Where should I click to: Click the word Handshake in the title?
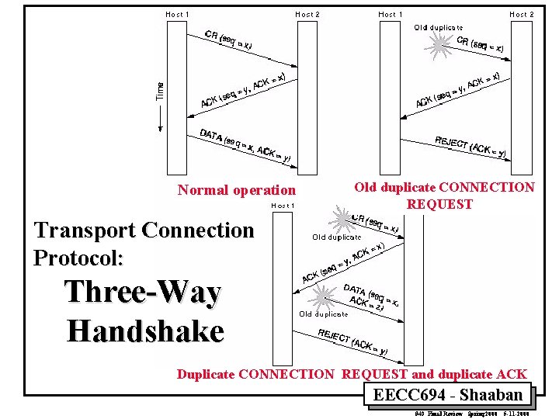click(x=145, y=331)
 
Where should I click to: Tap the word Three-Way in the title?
click(x=143, y=293)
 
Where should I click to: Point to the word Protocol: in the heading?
click(x=78, y=257)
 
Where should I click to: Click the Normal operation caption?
click(x=236, y=190)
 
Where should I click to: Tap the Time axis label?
click(x=160, y=91)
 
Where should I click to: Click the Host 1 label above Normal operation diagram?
click(x=177, y=14)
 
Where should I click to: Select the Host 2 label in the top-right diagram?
click(x=521, y=14)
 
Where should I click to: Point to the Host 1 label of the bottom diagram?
click(x=283, y=206)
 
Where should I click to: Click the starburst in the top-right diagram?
click(x=439, y=46)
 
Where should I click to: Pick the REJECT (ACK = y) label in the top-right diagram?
click(x=470, y=147)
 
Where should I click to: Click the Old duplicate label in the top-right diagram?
click(x=438, y=28)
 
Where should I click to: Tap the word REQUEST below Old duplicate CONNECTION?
click(x=439, y=205)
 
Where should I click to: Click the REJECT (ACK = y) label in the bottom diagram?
click(x=352, y=341)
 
